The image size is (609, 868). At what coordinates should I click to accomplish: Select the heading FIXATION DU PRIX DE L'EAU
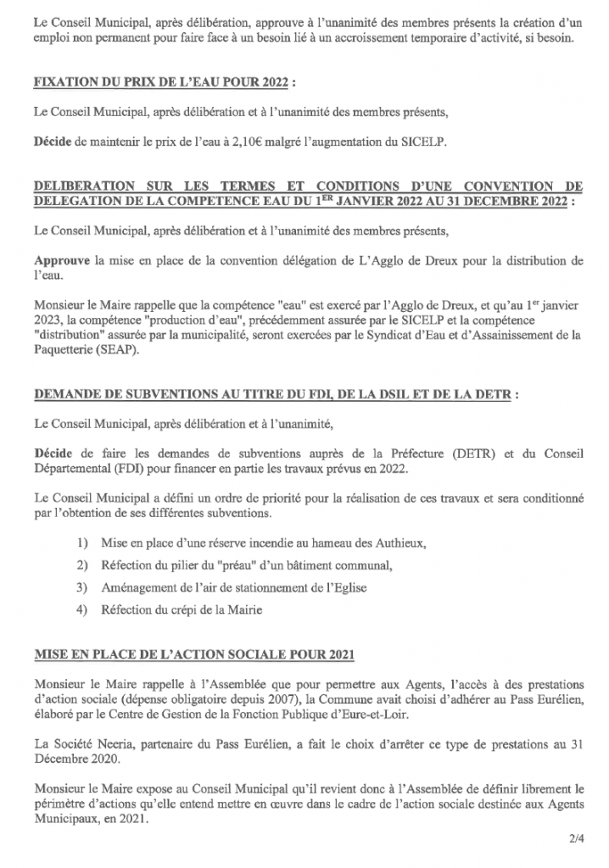coord(169,85)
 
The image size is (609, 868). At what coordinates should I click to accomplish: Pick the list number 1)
coord(83,542)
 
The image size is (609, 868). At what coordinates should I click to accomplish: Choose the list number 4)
coord(83,609)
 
